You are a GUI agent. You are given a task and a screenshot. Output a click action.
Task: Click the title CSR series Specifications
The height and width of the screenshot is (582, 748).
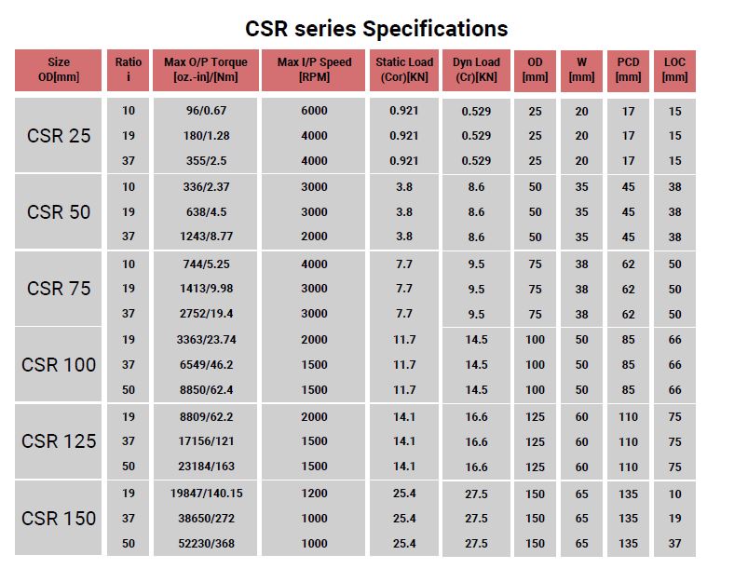[376, 28]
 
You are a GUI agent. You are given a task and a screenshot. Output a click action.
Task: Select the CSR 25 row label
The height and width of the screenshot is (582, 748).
[59, 135]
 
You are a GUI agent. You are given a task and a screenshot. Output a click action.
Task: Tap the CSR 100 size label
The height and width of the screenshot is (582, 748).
[59, 364]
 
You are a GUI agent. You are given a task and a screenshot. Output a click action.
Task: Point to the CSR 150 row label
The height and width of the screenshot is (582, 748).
[59, 518]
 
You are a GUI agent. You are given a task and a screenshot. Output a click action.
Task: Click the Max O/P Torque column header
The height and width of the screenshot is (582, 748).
[206, 70]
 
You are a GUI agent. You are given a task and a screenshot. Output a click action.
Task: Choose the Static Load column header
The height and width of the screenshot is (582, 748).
[404, 70]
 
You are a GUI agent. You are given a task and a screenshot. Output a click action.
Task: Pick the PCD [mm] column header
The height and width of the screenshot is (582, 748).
[629, 70]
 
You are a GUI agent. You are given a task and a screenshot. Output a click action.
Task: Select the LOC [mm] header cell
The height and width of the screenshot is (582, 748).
[674, 70]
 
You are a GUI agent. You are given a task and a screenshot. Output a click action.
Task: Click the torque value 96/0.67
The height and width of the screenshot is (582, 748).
[206, 111]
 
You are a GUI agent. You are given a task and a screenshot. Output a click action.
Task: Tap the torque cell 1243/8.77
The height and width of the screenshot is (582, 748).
[206, 237]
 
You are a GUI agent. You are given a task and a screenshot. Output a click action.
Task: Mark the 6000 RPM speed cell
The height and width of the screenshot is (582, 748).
[315, 111]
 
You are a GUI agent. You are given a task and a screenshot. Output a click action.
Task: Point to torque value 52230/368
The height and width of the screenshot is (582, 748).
[206, 543]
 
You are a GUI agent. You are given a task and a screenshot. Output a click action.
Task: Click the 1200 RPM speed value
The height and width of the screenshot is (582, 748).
[315, 494]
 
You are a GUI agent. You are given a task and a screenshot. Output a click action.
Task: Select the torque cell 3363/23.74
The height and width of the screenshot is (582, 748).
[206, 340]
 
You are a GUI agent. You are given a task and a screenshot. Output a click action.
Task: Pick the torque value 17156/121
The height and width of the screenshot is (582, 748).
[206, 441]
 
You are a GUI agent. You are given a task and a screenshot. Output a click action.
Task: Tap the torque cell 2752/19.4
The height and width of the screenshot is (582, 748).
[206, 314]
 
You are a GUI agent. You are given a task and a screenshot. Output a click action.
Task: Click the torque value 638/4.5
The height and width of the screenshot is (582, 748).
[206, 211]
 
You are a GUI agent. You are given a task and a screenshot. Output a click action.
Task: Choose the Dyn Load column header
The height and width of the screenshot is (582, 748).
[476, 70]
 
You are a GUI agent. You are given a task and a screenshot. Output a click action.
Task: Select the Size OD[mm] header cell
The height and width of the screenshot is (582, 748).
[59, 70]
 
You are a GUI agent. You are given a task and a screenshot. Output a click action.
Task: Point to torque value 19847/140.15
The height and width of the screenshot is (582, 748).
[206, 494]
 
